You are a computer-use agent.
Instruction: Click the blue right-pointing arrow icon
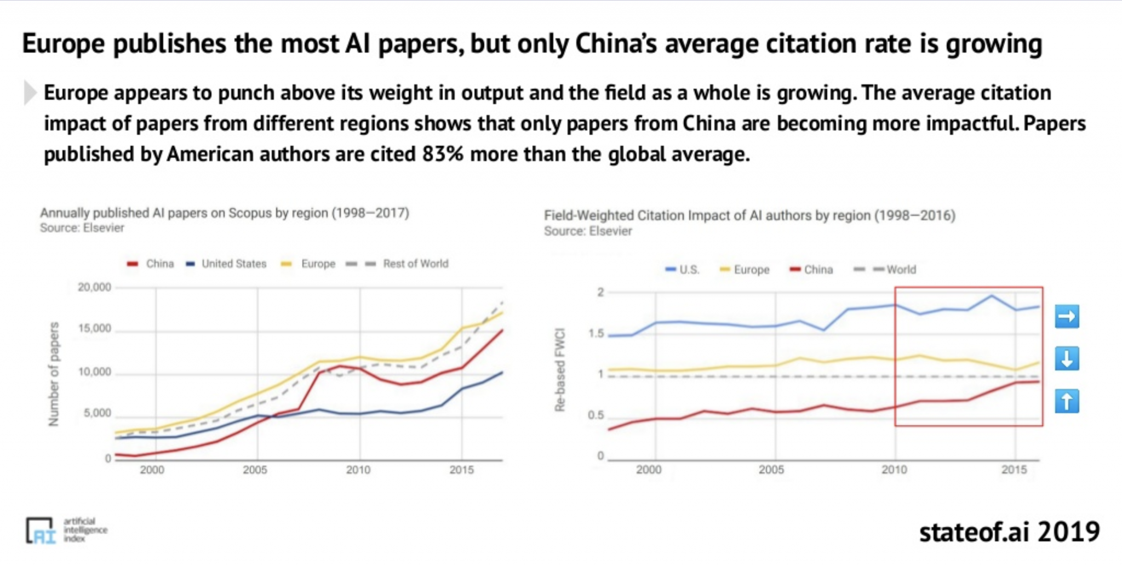(x=1067, y=316)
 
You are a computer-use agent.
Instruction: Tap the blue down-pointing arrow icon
(x=1067, y=359)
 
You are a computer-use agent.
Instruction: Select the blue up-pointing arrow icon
(x=1067, y=401)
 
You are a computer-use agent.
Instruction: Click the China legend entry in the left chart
(x=151, y=264)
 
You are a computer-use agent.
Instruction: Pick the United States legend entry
(x=226, y=264)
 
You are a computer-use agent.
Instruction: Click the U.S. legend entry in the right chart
(x=683, y=270)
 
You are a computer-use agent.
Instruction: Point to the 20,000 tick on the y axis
(x=94, y=287)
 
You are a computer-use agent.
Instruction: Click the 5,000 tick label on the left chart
(x=97, y=413)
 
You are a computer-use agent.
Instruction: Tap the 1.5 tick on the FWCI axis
(x=597, y=333)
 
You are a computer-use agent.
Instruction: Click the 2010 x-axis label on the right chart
(x=894, y=470)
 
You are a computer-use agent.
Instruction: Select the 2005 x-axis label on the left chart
(x=255, y=470)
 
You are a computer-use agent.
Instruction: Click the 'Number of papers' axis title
(x=54, y=374)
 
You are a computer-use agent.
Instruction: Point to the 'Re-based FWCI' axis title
(x=559, y=370)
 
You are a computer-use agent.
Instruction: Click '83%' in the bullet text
(x=443, y=155)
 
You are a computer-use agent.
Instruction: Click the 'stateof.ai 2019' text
(x=1009, y=532)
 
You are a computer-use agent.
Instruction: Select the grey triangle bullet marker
(x=30, y=93)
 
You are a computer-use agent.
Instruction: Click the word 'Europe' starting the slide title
(x=64, y=44)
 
